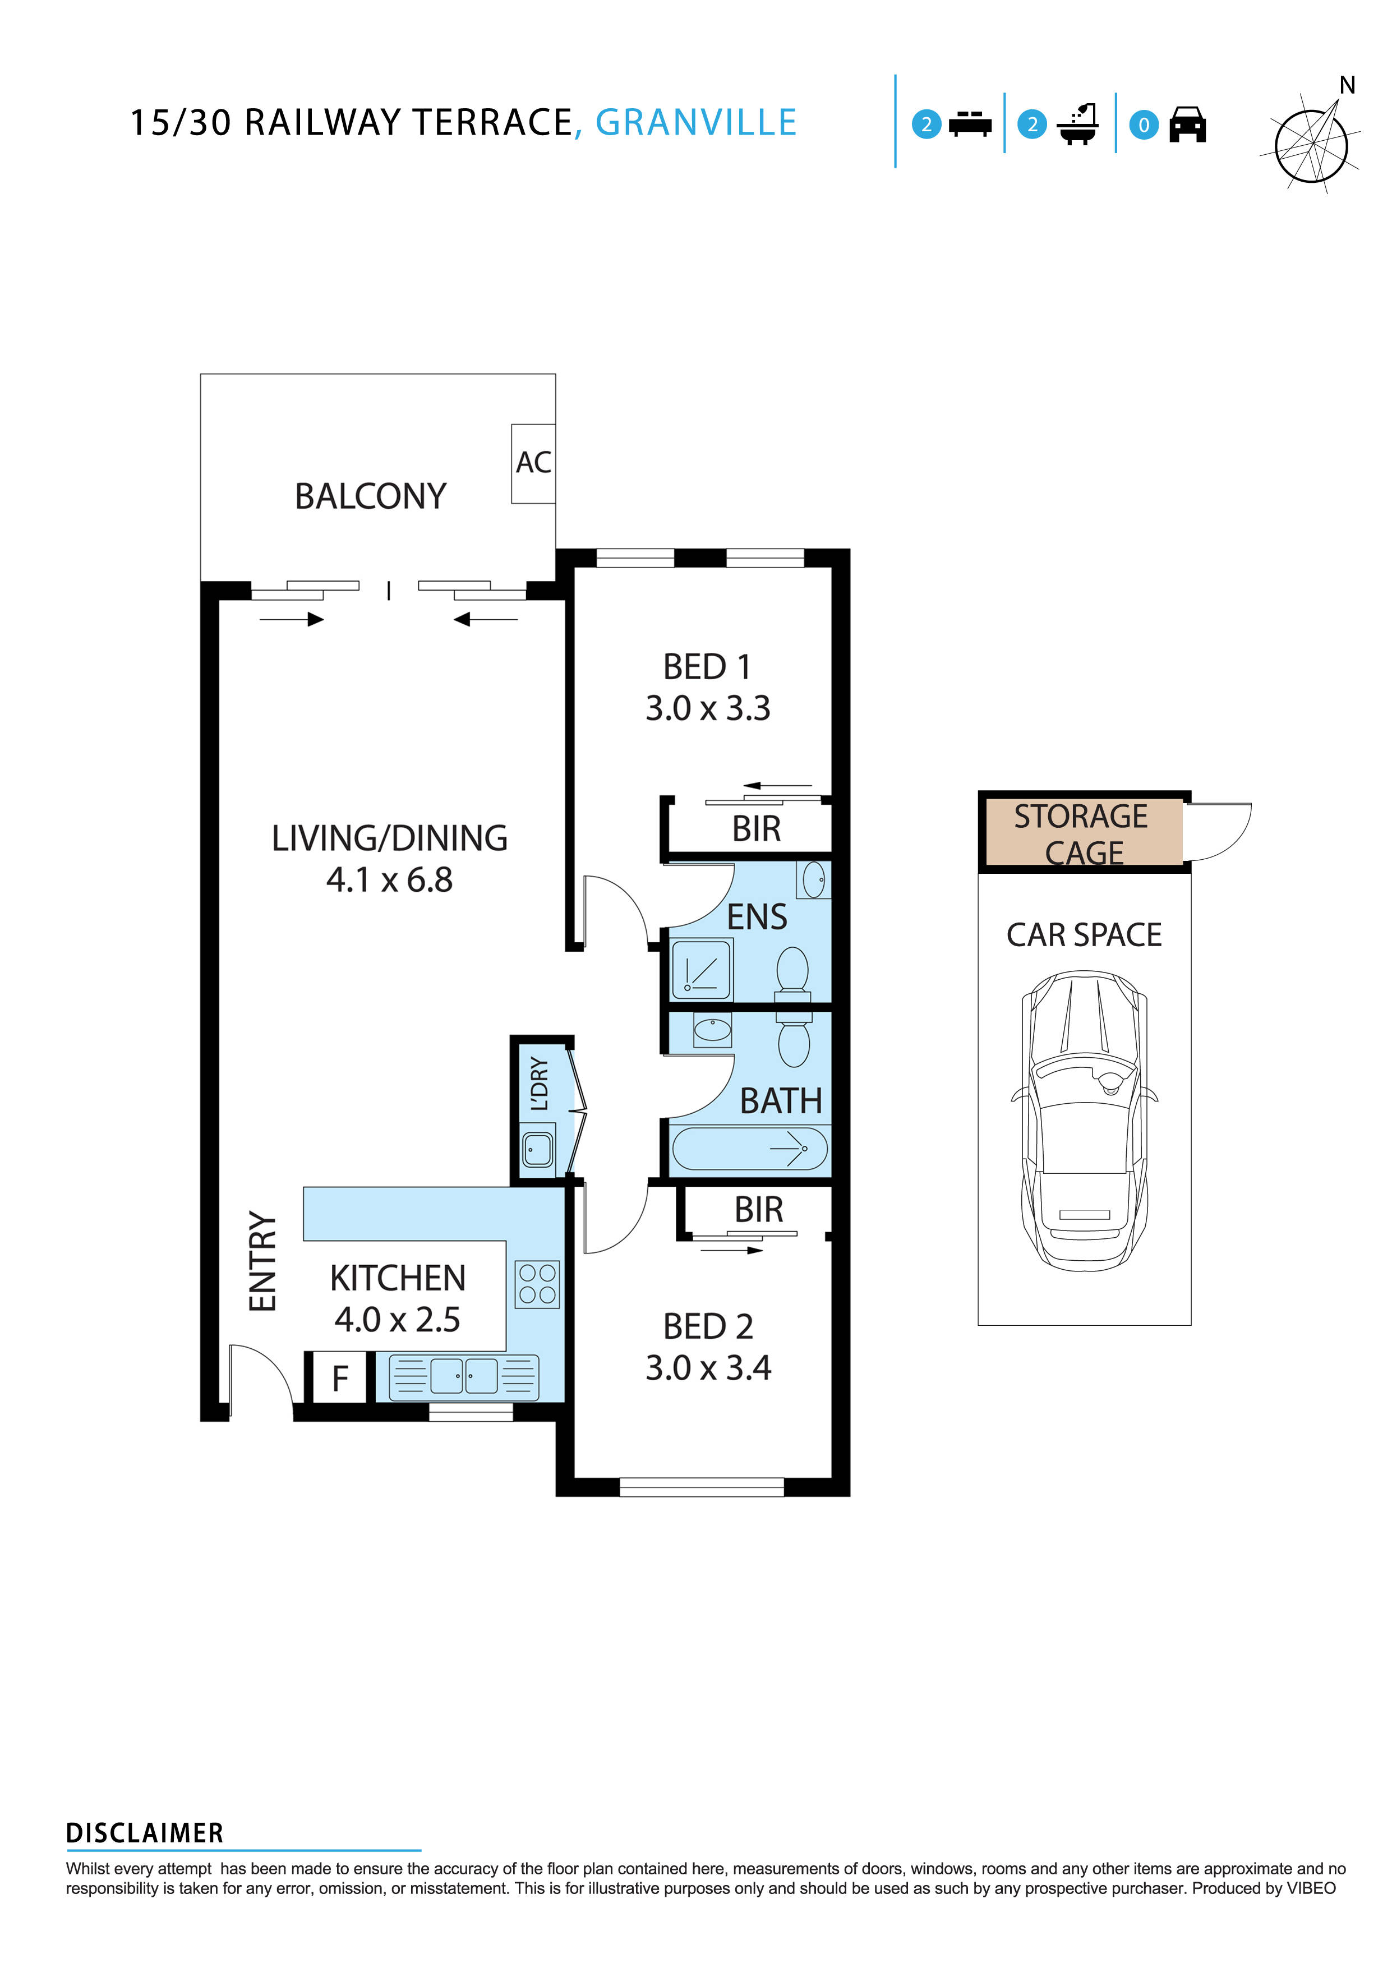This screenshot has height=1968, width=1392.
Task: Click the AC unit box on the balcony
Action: click(533, 463)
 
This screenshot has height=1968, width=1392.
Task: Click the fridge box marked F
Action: click(339, 1379)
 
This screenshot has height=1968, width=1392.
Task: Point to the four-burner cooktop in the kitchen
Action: click(537, 1284)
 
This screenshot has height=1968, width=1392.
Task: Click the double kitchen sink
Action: click(464, 1376)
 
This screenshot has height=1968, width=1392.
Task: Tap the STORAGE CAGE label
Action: click(1082, 834)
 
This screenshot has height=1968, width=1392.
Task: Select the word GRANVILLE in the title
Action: click(696, 123)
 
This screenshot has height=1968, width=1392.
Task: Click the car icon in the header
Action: click(1187, 125)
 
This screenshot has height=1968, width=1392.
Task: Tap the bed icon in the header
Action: click(970, 125)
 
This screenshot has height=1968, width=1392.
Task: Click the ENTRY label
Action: click(263, 1261)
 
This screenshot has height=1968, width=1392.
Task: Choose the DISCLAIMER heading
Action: click(145, 1833)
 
